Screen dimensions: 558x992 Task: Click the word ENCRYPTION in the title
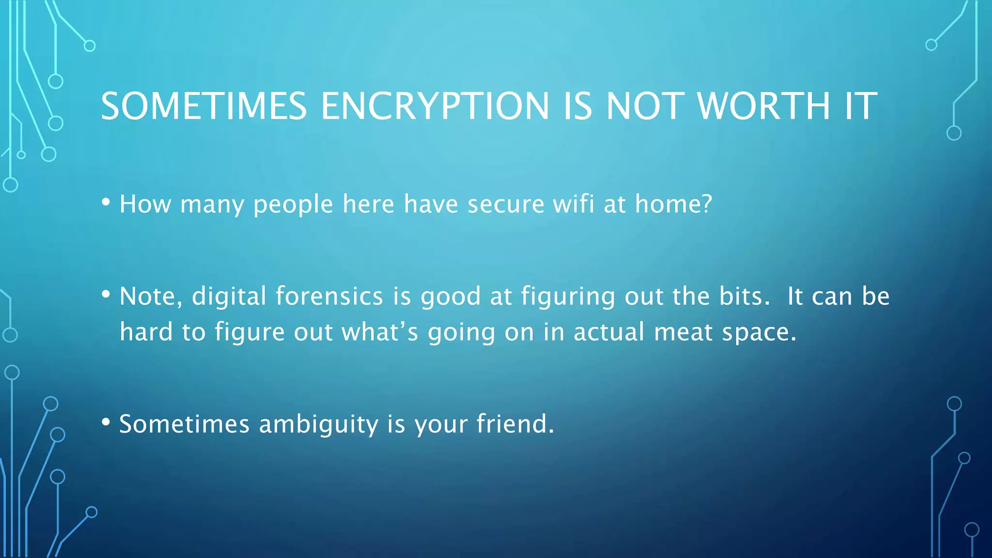(434, 106)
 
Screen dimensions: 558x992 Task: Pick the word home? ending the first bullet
(673, 203)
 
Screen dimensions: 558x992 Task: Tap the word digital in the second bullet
(229, 296)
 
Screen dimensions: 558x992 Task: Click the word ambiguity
(318, 425)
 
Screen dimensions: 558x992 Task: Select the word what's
(380, 332)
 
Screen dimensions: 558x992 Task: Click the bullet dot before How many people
(106, 202)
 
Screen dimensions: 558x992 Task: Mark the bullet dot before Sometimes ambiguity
(106, 422)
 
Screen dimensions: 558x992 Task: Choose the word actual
(609, 332)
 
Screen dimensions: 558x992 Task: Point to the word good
(450, 297)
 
